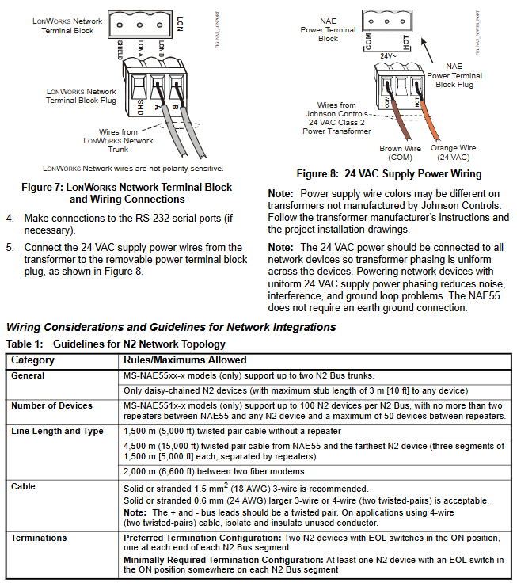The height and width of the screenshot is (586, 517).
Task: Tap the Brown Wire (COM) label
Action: tap(401, 152)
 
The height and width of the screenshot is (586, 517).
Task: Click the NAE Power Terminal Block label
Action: tap(328, 30)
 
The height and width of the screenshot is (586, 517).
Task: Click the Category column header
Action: tap(32, 360)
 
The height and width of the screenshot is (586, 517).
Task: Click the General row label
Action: tap(28, 375)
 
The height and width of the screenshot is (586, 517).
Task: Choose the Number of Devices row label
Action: tap(51, 405)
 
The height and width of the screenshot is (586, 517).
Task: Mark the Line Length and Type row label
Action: tap(57, 431)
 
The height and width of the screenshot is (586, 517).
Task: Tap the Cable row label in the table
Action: tap(24, 486)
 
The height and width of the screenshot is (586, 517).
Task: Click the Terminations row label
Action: tap(39, 538)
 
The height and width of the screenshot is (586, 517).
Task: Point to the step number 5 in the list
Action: tap(10, 248)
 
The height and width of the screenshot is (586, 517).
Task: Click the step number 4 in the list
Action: tap(10, 218)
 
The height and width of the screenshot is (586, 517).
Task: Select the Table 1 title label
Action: tap(116, 344)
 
